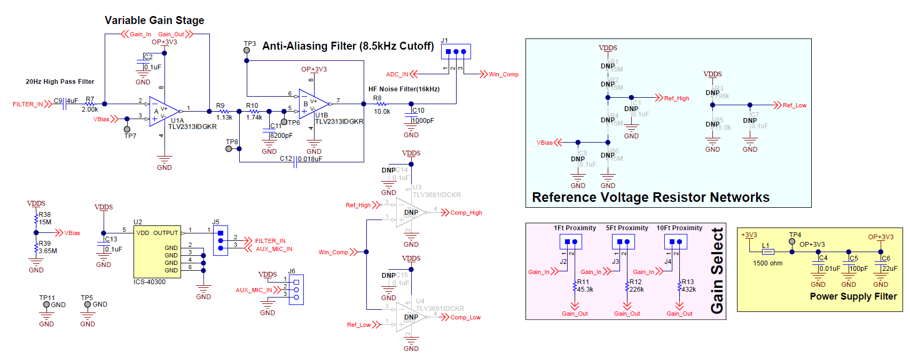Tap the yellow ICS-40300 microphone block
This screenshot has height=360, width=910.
click(157, 251)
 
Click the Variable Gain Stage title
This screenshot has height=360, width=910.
click(154, 20)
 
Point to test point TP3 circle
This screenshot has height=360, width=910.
click(247, 50)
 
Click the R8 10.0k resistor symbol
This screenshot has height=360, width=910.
click(381, 104)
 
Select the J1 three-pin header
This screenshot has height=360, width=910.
click(456, 52)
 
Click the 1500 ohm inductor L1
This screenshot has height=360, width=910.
click(768, 252)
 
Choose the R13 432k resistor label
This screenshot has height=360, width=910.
click(688, 286)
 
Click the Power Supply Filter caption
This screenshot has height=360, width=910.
click(853, 296)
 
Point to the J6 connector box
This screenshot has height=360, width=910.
click(296, 289)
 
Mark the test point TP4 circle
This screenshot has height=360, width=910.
click(792, 241)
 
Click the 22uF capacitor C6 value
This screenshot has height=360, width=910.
click(890, 269)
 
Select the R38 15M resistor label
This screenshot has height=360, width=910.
click(45, 218)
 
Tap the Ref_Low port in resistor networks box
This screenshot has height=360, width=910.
click(794, 105)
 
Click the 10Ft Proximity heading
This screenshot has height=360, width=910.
click(679, 228)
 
